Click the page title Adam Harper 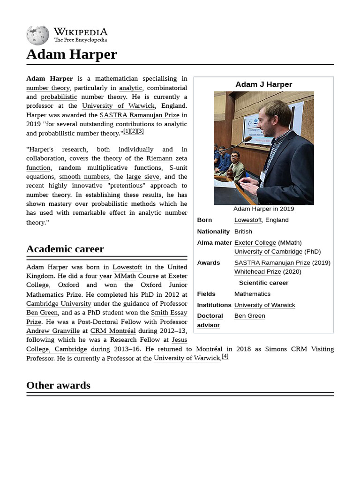[71, 54]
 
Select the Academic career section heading [65, 249]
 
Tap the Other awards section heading [58, 385]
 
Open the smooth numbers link [84, 177]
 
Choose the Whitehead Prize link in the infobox [257, 271]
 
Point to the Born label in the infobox [204, 220]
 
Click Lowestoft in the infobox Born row [248, 220]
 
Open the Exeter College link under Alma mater [255, 242]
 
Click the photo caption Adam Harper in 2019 [263, 209]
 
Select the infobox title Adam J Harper [263, 84]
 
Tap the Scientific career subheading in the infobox [263, 283]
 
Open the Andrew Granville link [53, 331]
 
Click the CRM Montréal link [113, 331]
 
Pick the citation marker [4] [225, 356]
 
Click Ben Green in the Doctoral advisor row [249, 316]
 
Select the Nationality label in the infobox [213, 232]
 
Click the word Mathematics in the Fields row [252, 294]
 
